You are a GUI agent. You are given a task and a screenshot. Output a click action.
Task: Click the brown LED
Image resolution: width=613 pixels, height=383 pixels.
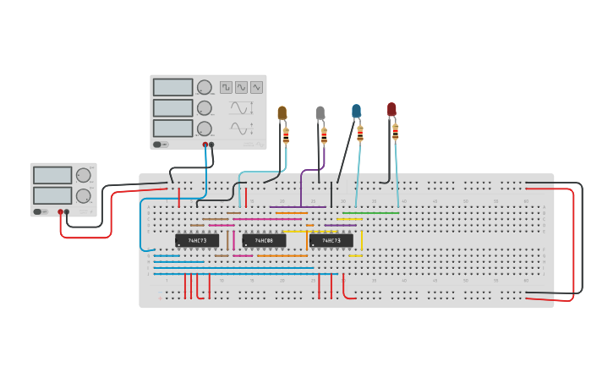282,112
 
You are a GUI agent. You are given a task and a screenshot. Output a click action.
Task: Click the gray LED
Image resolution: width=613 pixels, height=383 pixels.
320,112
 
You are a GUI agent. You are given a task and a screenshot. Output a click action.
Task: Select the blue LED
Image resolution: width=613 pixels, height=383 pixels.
357,111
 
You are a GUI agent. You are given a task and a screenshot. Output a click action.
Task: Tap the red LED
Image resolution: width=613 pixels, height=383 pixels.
391,109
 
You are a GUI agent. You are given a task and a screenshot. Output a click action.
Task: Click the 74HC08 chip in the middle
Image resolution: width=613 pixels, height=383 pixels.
263,241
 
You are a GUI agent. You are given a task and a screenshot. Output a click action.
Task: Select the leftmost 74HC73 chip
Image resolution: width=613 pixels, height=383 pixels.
197,241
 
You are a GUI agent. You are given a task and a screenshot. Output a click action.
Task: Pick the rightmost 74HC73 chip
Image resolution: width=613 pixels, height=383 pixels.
331,241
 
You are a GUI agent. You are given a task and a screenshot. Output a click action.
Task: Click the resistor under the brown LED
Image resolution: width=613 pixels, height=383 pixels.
286,134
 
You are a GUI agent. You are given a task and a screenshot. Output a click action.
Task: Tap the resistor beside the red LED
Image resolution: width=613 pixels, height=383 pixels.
396,131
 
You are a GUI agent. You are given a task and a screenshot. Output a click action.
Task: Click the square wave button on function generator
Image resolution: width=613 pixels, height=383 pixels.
226,87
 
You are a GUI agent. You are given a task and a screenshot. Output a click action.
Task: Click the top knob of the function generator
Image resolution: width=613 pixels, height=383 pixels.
205,87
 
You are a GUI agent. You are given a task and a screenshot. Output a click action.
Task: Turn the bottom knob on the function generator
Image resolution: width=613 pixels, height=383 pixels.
205,129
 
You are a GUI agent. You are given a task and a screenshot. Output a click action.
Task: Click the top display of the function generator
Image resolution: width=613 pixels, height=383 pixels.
173,87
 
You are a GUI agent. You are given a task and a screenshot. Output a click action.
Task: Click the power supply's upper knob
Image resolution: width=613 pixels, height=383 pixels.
83,175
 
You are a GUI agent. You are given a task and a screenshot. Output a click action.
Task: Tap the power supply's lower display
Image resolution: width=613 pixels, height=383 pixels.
52,195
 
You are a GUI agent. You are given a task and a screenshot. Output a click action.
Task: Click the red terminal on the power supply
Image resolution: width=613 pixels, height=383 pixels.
61,211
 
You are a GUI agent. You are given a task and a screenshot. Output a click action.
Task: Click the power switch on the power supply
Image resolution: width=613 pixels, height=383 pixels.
38,211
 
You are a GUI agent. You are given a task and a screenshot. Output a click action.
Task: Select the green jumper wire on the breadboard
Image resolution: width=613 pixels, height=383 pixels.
370,213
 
